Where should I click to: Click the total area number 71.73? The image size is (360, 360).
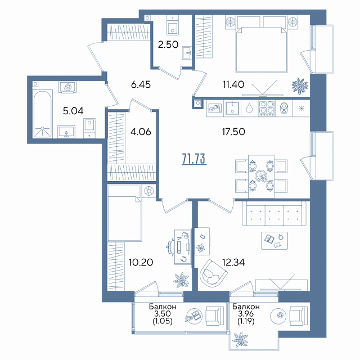[x=194, y=159]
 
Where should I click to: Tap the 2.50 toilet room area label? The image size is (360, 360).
[x=168, y=44]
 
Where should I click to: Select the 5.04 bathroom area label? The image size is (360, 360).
[x=73, y=111]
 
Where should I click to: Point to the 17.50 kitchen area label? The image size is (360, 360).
[x=233, y=132]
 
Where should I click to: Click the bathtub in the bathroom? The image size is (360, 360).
[x=43, y=114]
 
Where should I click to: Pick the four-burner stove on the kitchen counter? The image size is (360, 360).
[x=267, y=109]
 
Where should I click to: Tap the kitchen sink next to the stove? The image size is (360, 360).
[x=232, y=109]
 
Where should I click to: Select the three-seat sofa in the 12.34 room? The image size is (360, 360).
[x=274, y=213]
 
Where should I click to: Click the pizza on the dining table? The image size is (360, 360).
[x=261, y=176]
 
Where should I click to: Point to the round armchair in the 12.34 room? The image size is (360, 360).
[x=213, y=273]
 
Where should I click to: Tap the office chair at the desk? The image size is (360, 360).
[x=171, y=247]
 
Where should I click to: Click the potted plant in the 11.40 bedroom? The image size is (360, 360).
[x=300, y=86]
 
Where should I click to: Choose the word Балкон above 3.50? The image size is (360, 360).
[x=163, y=307]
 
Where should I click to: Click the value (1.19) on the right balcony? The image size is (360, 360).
[x=246, y=321]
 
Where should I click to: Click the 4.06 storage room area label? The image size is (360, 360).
[x=141, y=132]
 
